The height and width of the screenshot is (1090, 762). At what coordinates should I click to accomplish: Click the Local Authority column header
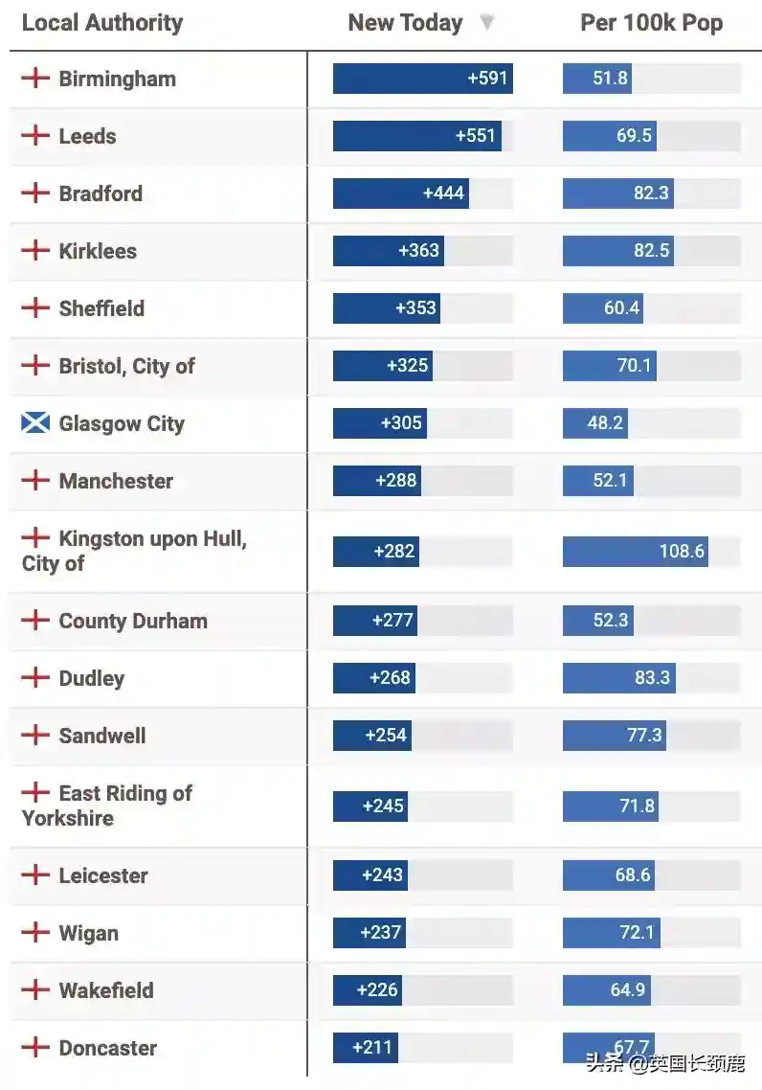102,23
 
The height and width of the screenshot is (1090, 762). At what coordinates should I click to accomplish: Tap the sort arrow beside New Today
487,22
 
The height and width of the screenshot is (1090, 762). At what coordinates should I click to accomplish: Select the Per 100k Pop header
651,23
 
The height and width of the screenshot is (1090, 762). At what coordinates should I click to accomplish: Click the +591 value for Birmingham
487,79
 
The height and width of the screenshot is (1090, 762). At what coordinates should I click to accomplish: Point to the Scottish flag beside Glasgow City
35,422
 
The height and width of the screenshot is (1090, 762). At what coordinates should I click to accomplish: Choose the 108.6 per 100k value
682,551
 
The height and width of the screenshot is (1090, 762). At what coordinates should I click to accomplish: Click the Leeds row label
87,136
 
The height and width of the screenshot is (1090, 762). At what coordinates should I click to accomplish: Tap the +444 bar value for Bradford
443,193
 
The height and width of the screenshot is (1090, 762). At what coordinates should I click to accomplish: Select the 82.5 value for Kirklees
651,251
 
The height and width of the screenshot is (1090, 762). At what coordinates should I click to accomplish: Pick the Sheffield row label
101,308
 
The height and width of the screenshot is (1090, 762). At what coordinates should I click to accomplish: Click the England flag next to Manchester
35,480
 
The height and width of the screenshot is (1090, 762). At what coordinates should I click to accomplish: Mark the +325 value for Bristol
408,366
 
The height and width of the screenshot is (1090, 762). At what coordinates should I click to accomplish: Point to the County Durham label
133,621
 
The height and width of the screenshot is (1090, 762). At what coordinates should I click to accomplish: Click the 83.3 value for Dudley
652,678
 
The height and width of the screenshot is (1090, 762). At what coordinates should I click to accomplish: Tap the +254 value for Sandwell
386,736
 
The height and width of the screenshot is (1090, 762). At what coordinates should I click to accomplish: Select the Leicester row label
103,875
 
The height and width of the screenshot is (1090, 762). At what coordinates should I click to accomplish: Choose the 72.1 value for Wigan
636,933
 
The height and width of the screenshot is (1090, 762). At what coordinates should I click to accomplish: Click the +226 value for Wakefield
377,990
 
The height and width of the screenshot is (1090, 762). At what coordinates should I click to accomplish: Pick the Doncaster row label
107,1048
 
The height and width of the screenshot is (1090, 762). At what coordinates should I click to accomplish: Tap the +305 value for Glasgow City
401,423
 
